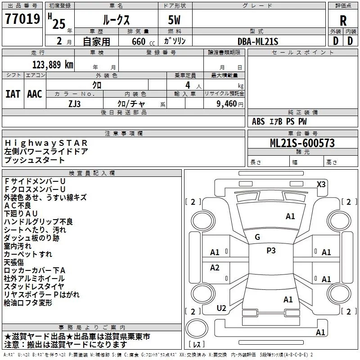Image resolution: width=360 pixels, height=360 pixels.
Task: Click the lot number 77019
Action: (22, 19)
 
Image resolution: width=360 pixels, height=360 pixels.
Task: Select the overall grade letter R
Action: (343, 20)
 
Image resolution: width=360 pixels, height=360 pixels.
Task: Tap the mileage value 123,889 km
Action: (53, 65)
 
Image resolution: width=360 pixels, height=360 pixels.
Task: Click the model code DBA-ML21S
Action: (258, 41)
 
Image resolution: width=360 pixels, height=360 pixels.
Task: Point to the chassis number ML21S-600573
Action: (302, 143)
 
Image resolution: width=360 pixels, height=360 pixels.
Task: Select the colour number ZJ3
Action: (74, 104)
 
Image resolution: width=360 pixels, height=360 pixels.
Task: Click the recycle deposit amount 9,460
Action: (226, 104)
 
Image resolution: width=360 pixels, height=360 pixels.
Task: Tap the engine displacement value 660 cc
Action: (143, 41)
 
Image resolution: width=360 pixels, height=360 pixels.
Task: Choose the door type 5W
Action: (174, 20)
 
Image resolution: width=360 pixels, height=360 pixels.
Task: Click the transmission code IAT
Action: (13, 94)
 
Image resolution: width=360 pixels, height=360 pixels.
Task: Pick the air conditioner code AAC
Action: (35, 94)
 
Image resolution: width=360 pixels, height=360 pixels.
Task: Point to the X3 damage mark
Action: (321, 184)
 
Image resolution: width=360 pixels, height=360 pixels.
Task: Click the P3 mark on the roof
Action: (271, 250)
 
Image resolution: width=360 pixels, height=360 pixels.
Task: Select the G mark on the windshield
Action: (257, 237)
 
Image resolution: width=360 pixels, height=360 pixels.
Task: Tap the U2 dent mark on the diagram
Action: (221, 308)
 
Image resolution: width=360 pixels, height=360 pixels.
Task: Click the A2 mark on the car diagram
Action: (215, 267)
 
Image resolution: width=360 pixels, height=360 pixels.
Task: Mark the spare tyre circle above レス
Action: (197, 328)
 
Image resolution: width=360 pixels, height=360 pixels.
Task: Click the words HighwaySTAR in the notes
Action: (46, 143)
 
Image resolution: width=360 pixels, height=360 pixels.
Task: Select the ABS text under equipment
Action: (258, 121)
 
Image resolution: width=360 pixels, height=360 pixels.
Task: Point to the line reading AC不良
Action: (18, 206)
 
